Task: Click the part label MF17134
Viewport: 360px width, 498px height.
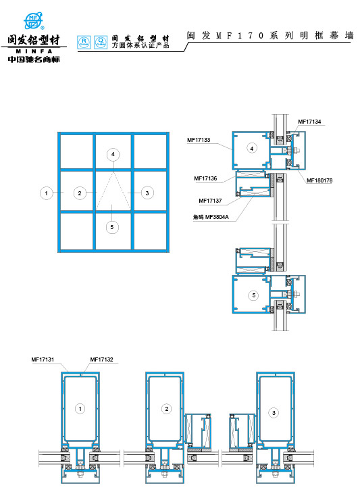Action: point(309,122)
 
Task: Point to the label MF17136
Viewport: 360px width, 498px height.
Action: point(205,178)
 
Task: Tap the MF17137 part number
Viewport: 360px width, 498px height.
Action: point(210,200)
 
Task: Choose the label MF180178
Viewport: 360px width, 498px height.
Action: point(320,180)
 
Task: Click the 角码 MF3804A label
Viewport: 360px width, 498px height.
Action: point(211,218)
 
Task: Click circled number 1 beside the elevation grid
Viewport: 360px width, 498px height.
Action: point(46,193)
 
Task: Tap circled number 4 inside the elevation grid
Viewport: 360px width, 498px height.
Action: point(113,154)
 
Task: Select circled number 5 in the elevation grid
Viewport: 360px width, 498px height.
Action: point(112,226)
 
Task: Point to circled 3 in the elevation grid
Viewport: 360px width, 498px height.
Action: point(147,193)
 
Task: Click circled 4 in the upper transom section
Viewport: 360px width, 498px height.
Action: point(252,148)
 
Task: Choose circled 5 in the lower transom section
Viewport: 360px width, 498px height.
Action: point(253,295)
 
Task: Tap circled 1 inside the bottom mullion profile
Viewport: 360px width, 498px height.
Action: point(80,408)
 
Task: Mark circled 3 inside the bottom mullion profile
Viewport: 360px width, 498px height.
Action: point(273,412)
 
